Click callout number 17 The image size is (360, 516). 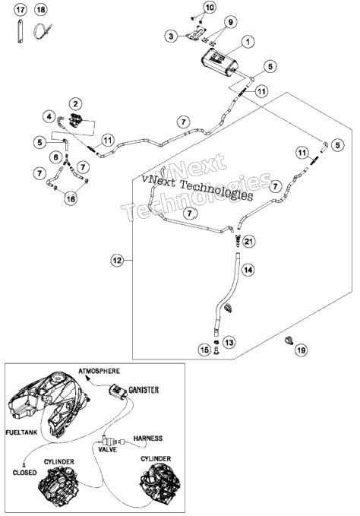[20, 10]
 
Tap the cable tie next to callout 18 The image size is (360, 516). [42, 30]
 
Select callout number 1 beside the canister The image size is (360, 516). [248, 42]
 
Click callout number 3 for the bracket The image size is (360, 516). [171, 36]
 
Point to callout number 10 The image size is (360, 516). [210, 7]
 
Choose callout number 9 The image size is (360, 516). [230, 22]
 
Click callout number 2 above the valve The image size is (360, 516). [76, 104]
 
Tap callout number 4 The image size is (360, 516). [49, 116]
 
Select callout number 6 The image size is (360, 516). [56, 157]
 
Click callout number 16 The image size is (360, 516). [71, 199]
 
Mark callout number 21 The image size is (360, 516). [249, 242]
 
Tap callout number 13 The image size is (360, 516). [229, 342]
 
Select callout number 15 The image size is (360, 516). [204, 350]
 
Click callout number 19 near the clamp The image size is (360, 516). [302, 350]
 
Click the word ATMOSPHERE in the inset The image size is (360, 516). [99, 371]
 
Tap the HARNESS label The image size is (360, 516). [147, 438]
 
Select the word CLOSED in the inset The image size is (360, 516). [24, 473]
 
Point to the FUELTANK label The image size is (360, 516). [21, 432]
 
